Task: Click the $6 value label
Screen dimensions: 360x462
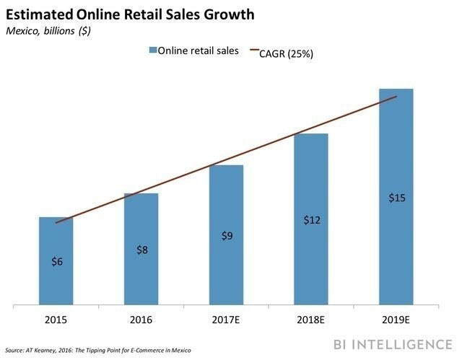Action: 57,261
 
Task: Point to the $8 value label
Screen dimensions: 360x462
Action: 142,250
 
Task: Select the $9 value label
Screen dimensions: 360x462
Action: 227,235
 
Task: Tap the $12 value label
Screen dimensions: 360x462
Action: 311,219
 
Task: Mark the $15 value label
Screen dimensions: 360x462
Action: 396,197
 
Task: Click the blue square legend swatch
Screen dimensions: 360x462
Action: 154,50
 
